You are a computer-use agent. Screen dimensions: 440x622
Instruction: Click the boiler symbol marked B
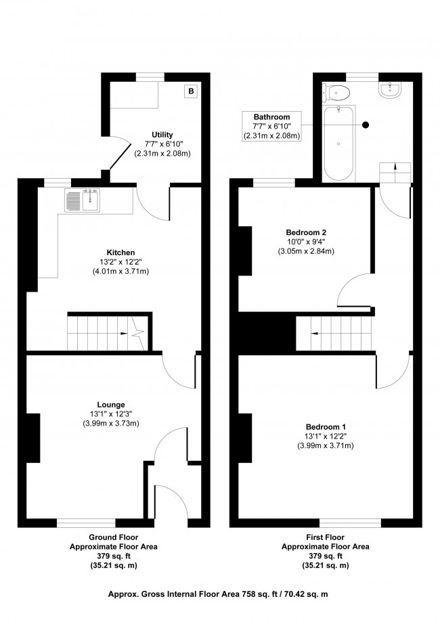coord(192,91)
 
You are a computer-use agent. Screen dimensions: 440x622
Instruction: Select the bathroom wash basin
coord(391,90)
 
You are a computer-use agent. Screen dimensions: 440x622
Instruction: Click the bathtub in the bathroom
coord(338,143)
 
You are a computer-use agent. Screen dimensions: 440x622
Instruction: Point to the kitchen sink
coord(83,200)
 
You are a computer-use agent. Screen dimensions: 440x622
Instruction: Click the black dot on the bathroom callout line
coord(366,125)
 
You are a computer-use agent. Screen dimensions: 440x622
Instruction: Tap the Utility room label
coord(162,135)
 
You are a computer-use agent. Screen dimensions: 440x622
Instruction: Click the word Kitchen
coord(120,252)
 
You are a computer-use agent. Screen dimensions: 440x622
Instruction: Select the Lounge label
coord(111,405)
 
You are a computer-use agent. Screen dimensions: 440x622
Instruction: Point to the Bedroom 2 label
coord(306,232)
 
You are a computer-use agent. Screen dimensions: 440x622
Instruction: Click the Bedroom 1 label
coord(326,427)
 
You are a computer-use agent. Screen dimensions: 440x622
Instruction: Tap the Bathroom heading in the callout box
coord(271,117)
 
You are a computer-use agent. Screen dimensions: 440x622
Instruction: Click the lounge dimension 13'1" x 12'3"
coord(111,414)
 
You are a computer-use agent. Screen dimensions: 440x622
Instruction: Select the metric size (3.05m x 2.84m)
coord(306,251)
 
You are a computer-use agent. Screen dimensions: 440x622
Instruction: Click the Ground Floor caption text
coord(114,537)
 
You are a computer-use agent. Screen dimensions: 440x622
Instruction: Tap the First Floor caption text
coord(326,537)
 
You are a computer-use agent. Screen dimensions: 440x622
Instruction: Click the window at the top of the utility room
coord(150,77)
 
